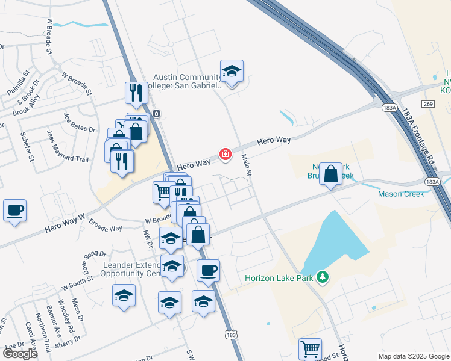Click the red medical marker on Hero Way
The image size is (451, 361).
click(226, 155)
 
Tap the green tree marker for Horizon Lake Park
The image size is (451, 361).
click(323, 277)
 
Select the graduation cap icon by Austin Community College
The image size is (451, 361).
click(232, 72)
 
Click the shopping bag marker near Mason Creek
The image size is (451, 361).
click(330, 174)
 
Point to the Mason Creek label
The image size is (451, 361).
click(401, 194)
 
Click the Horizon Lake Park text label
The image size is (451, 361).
click(281, 278)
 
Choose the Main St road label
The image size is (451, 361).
click(246, 165)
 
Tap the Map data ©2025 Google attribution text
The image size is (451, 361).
click(414, 356)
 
